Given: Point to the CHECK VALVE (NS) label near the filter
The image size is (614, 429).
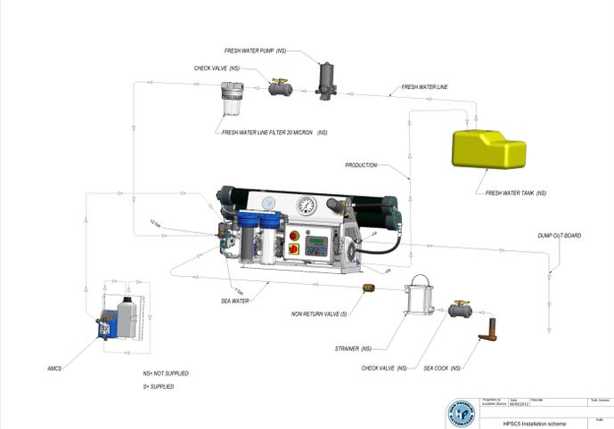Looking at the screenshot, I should (x=217, y=68).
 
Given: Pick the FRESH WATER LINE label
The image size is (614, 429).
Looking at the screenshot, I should (x=424, y=87).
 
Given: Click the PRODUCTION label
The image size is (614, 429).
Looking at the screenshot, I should (x=361, y=166).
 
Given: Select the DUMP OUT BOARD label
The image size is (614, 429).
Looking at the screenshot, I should (x=559, y=236).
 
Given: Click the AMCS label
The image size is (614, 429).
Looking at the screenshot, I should (x=55, y=365).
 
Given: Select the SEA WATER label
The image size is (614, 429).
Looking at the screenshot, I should (x=234, y=302).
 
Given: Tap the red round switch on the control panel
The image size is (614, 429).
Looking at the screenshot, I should (x=294, y=235).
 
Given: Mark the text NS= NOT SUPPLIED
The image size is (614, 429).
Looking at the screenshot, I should (x=166, y=373).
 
